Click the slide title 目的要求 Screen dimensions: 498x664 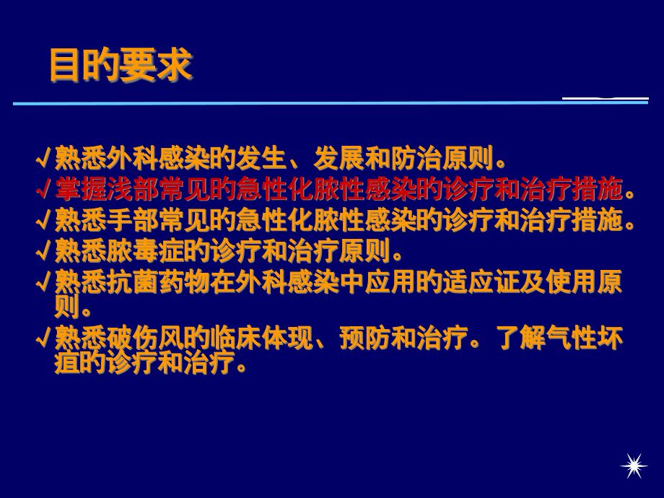(x=121, y=66)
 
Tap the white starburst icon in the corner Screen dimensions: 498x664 (x=634, y=466)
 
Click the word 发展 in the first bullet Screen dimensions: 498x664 (x=339, y=157)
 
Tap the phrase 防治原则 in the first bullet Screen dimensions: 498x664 (x=443, y=157)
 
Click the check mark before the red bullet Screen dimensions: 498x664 (x=43, y=190)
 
